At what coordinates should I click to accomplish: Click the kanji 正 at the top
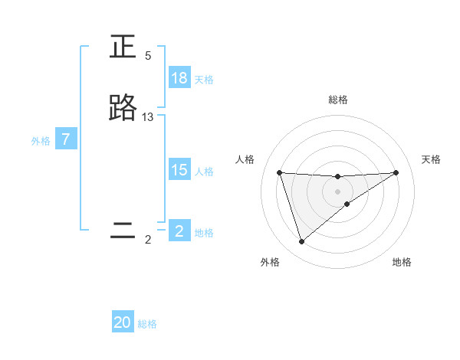pyautogui.click(x=123, y=47)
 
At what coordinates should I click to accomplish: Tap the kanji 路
pyautogui.click(x=123, y=109)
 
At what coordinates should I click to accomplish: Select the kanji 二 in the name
pyautogui.click(x=123, y=231)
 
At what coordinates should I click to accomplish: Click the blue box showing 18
pyautogui.click(x=179, y=78)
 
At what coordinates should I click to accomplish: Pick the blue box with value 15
pyautogui.click(x=179, y=170)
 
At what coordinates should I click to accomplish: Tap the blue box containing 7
pyautogui.click(x=67, y=139)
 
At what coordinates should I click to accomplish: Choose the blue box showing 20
pyautogui.click(x=123, y=322)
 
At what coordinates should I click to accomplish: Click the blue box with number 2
pyautogui.click(x=179, y=231)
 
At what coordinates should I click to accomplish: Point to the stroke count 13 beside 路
pyautogui.click(x=148, y=117)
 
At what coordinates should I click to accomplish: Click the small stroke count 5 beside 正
pyautogui.click(x=148, y=56)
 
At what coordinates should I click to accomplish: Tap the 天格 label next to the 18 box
pyautogui.click(x=204, y=79)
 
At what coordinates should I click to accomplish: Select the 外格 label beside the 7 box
pyautogui.click(x=41, y=140)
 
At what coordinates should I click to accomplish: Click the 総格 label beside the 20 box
pyautogui.click(x=147, y=324)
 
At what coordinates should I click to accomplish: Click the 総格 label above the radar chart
pyautogui.click(x=338, y=100)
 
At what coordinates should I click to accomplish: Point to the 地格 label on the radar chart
pyautogui.click(x=402, y=262)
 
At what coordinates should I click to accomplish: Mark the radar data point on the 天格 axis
pyautogui.click(x=396, y=172)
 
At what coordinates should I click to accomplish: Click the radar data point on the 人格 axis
pyautogui.click(x=280, y=172)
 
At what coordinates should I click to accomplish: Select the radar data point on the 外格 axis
pyautogui.click(x=301, y=242)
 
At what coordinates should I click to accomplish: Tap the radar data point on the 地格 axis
pyautogui.click(x=347, y=204)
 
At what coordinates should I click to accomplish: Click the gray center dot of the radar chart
pyautogui.click(x=338, y=191)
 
